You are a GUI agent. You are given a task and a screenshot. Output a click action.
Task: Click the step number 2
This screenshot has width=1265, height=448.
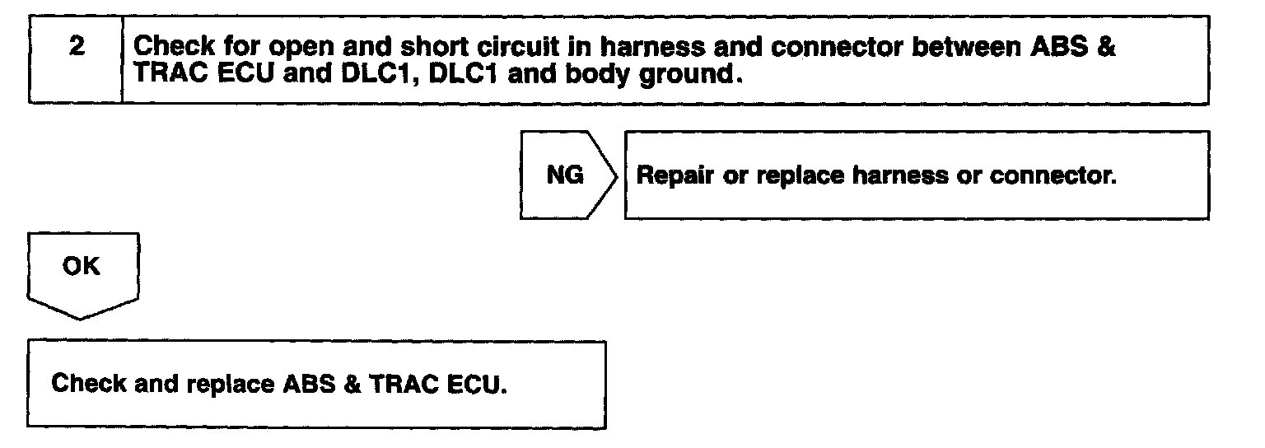coord(76,47)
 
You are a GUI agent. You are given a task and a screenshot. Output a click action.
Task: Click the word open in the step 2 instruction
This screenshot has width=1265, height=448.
coord(273,47)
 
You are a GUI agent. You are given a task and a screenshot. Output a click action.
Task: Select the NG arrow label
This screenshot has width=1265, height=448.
coord(565,175)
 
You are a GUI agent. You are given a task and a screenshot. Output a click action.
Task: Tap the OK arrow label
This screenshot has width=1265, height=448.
coord(81,267)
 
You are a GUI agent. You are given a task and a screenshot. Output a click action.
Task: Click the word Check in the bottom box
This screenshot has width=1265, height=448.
coord(86,384)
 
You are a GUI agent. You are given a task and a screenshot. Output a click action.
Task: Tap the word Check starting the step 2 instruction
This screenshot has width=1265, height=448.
coord(171,47)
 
